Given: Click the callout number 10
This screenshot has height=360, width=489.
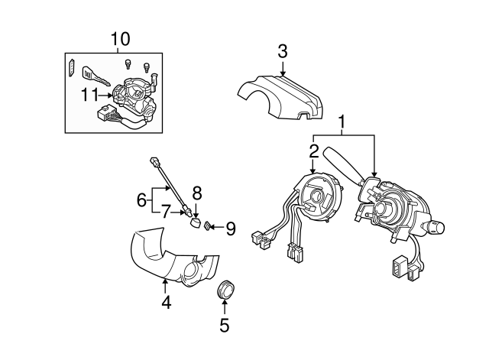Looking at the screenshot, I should click(120, 38).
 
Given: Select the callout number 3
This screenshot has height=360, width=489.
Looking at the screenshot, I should click(282, 52).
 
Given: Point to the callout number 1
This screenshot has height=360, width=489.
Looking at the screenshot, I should click(343, 121).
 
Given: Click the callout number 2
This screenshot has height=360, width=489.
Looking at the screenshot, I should click(313, 151).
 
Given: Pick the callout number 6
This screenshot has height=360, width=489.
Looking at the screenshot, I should click(141, 199).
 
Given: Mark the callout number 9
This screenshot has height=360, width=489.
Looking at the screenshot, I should click(230, 227).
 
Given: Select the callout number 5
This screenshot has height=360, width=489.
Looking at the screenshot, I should click(224, 325).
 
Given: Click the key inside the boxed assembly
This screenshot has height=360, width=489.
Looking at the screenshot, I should click(94, 76).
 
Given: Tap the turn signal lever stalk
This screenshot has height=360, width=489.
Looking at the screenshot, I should click(341, 162).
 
